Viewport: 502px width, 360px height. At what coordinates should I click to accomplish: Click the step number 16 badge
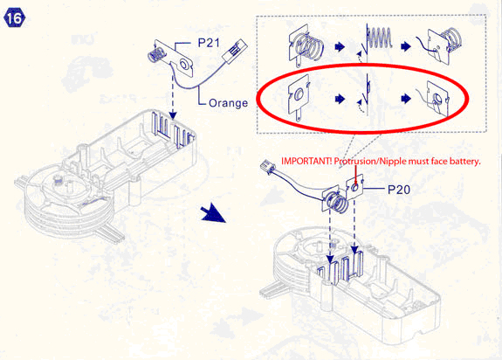click(x=14, y=18)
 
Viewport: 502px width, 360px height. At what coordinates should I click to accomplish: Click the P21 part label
click(x=209, y=43)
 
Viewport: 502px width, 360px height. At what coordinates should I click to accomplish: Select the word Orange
click(x=228, y=103)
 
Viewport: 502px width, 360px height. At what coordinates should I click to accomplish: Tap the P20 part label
click(x=399, y=190)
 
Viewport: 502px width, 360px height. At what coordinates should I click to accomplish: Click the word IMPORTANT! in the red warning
click(x=306, y=161)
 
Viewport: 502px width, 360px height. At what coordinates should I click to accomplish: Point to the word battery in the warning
click(x=464, y=161)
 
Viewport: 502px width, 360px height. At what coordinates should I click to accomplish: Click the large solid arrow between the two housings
click(x=213, y=214)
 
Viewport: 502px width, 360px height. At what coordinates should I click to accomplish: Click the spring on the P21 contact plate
click(x=155, y=55)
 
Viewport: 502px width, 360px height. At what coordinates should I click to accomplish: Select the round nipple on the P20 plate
click(x=354, y=187)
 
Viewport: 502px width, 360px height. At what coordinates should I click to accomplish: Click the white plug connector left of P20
click(x=269, y=168)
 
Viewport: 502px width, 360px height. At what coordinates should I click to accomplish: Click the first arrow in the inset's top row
click(x=340, y=47)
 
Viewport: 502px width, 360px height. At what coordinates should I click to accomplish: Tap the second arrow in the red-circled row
click(x=406, y=99)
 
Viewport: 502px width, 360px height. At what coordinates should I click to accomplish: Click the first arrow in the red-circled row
click(x=340, y=99)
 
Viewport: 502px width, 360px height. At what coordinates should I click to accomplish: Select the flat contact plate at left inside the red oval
click(x=299, y=98)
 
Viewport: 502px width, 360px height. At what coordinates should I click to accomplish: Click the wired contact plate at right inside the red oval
click(x=436, y=98)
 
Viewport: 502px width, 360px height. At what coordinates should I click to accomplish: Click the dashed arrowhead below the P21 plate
click(x=173, y=114)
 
